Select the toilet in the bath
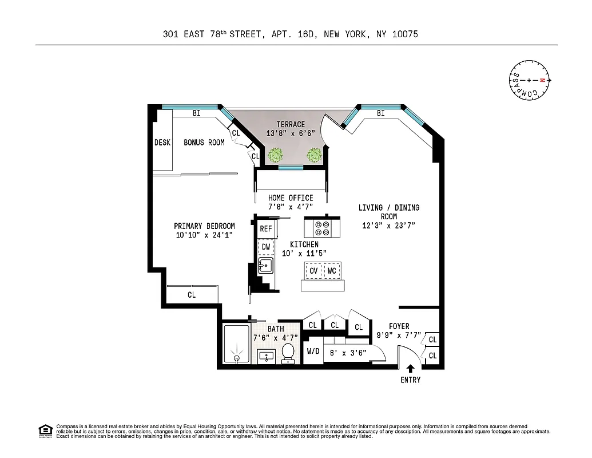tap(288, 353)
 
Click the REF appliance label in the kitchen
tap(266, 229)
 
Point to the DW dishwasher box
tap(266, 247)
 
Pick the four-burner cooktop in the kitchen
tap(321, 228)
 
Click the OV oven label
tap(313, 270)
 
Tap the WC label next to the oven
tap(332, 270)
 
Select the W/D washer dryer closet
tap(313, 352)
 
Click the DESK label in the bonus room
tap(162, 143)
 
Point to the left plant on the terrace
tap(276, 155)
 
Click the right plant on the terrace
tap(314, 155)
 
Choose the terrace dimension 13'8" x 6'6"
tap(290, 133)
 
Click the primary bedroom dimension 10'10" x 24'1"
tap(204, 235)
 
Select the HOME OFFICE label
tap(291, 198)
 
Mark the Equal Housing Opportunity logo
tap(45, 430)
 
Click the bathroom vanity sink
tap(266, 356)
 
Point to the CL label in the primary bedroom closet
tap(192, 295)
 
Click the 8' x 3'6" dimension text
tap(345, 353)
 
